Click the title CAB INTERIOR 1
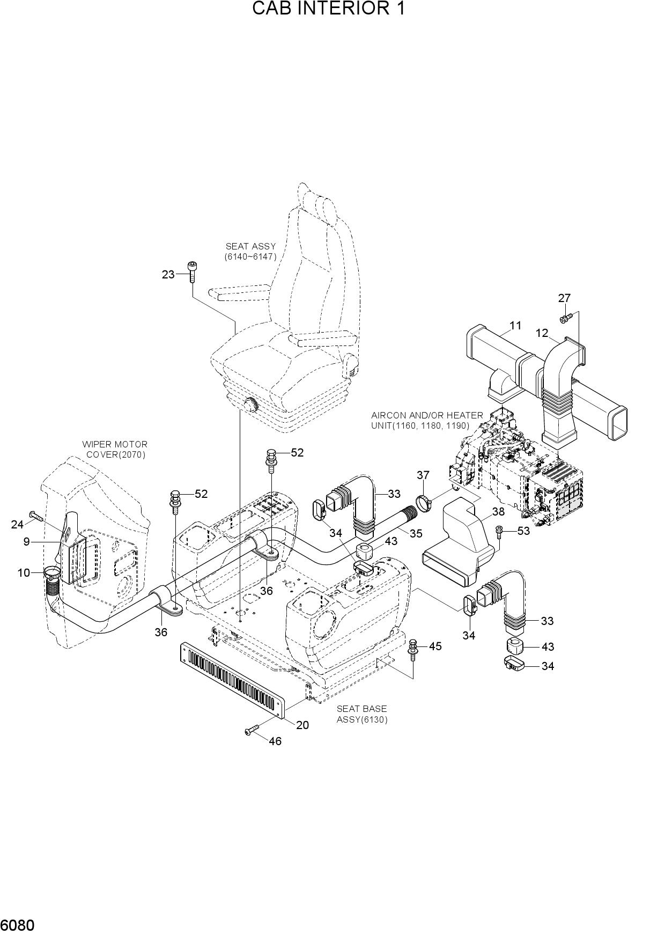(x=329, y=9)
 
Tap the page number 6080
(x=18, y=927)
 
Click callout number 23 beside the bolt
(x=168, y=275)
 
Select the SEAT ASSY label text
(x=250, y=246)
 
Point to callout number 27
(x=564, y=298)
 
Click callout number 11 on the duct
(x=515, y=325)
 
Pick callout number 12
(x=542, y=333)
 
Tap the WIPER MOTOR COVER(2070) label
(x=115, y=450)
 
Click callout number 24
(x=18, y=524)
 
